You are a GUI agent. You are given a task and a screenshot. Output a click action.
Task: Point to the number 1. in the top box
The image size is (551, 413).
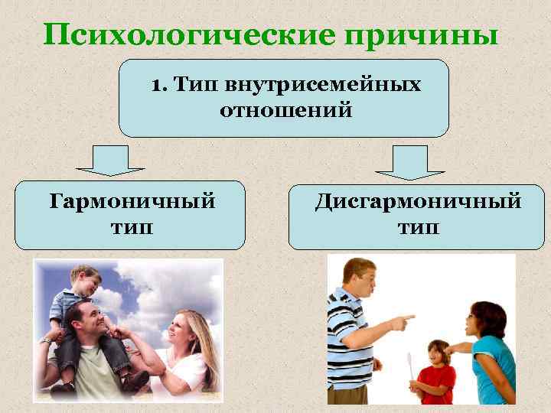click(159, 83)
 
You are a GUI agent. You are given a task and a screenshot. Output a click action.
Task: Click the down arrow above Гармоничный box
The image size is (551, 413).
click(110, 161)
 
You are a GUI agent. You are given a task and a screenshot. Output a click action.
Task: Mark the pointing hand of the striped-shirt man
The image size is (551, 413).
click(402, 320)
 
